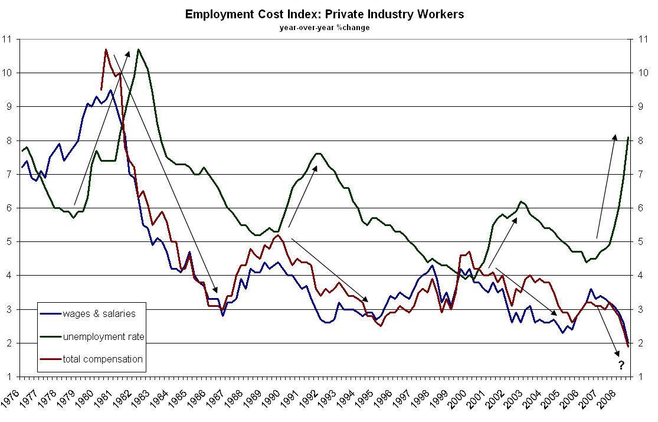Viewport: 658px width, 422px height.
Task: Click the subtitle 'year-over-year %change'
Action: tap(325, 28)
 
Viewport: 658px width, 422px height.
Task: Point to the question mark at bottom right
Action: tap(621, 365)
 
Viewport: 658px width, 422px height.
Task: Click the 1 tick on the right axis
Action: tap(640, 377)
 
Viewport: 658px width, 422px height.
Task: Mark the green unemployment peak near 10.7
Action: tap(139, 50)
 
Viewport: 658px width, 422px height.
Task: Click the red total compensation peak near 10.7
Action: tap(106, 50)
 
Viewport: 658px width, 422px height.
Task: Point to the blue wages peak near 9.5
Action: tap(110, 90)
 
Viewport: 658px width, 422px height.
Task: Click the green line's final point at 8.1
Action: tap(628, 138)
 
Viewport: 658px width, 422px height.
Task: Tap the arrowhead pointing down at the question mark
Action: tap(617, 354)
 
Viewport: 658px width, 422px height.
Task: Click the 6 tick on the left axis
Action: tap(8, 208)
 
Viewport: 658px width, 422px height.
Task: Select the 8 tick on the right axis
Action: tap(640, 140)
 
